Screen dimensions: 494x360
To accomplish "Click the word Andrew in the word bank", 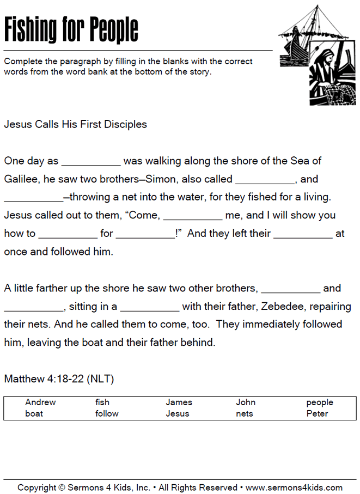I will (x=40, y=402).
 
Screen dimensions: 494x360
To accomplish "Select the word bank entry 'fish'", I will (x=102, y=402).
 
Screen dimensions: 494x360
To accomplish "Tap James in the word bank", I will (x=179, y=402).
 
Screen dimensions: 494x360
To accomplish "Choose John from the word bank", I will (x=246, y=402).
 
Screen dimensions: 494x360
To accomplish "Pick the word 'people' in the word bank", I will (x=319, y=402).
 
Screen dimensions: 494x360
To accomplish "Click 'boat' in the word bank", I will (x=34, y=413).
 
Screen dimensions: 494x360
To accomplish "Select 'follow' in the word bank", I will (x=107, y=413).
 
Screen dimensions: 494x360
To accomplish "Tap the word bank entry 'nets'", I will (x=245, y=413).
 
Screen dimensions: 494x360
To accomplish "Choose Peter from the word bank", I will (x=317, y=413).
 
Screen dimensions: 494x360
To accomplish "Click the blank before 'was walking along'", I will (x=91, y=162).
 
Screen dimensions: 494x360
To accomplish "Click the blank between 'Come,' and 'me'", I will (x=193, y=216).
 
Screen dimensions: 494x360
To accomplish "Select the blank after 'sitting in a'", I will (x=149, y=307).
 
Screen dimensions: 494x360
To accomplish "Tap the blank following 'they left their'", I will (x=303, y=234).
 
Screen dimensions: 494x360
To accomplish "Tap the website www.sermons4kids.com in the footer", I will (x=294, y=487).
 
